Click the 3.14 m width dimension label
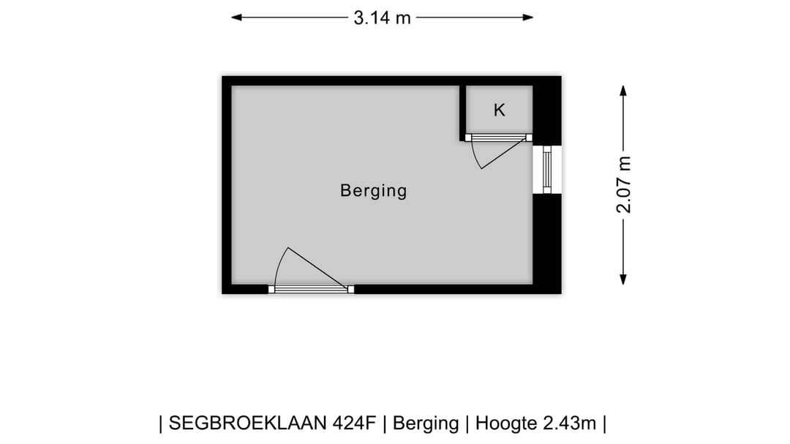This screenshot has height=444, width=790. (x=383, y=18)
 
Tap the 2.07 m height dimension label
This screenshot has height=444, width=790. (x=623, y=184)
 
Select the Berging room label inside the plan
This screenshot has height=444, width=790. (x=373, y=191)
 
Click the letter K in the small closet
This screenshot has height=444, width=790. (x=500, y=110)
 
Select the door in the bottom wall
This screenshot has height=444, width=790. (x=311, y=290)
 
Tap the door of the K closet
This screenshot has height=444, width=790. (x=499, y=137)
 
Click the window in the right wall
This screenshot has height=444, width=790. (x=546, y=169)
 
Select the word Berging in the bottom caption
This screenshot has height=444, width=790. (x=426, y=423)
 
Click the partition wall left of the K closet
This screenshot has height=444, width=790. (x=463, y=112)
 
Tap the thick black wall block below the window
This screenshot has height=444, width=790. (x=546, y=241)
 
